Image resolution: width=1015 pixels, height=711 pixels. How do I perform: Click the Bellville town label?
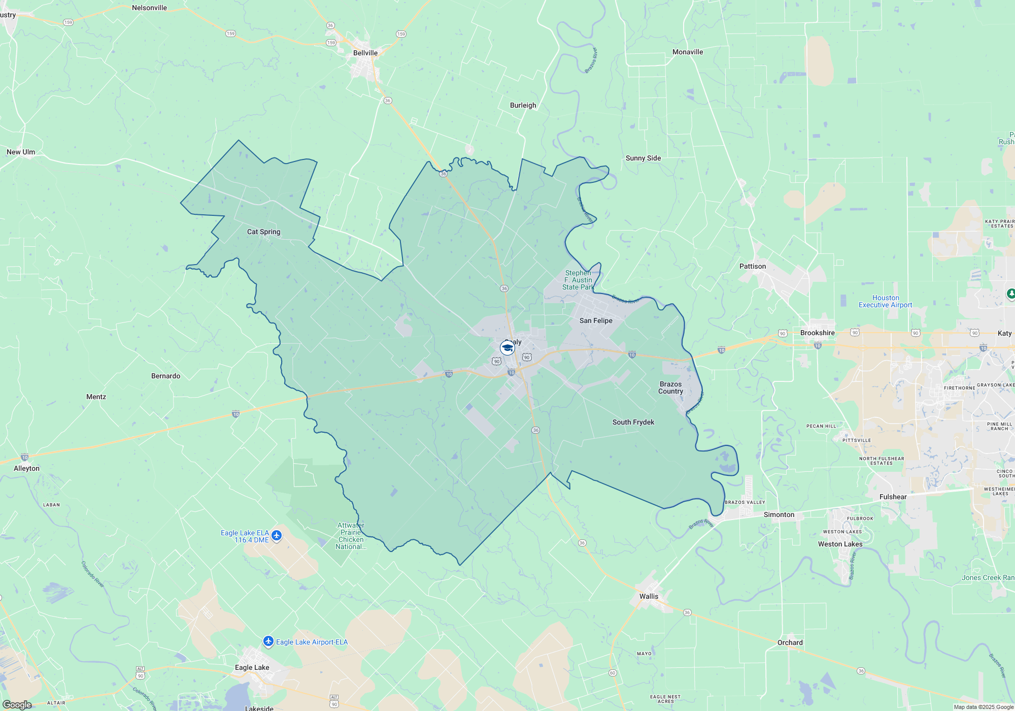[365, 53]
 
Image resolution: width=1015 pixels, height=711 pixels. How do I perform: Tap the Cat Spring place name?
[263, 232]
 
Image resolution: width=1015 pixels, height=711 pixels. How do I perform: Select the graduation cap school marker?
[507, 348]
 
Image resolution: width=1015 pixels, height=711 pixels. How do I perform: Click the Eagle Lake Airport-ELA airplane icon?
[268, 641]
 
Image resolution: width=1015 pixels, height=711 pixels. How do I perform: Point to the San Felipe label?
[596, 320]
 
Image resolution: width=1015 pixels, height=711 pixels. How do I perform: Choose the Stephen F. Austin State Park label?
[578, 280]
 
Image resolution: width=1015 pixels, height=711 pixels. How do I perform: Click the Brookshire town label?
[817, 333]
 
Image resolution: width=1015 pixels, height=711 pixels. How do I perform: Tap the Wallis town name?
[649, 596]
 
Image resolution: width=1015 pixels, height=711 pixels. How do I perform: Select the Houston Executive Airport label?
[885, 301]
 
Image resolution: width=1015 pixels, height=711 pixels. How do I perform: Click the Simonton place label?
[779, 514]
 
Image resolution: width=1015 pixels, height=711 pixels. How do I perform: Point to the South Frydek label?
[633, 422]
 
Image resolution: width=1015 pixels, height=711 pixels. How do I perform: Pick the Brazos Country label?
[670, 387]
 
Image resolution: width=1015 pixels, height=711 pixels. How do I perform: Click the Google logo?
[17, 704]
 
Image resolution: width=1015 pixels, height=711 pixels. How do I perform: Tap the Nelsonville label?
[149, 8]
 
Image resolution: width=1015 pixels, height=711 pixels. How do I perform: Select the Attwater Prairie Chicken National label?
[351, 536]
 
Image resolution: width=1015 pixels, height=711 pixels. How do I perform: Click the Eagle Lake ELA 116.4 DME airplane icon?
[277, 536]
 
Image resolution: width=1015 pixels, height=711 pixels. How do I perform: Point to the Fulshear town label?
[893, 497]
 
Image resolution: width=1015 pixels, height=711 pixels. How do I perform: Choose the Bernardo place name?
[165, 376]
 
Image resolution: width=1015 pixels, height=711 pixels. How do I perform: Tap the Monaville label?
[687, 52]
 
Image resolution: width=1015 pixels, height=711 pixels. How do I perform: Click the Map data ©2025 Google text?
[983, 707]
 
